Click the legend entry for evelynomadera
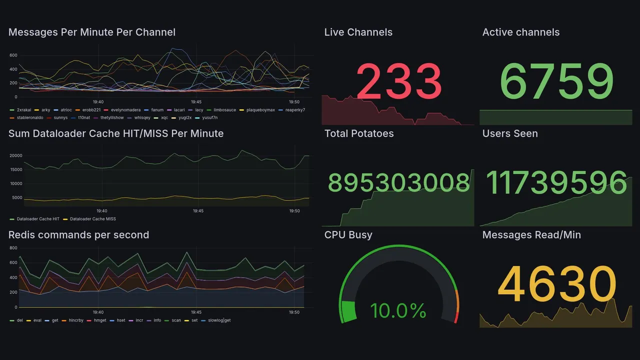123,110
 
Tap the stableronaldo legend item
30,118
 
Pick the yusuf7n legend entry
209,118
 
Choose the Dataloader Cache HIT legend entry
38,219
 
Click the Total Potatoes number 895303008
398,182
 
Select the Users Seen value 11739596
556,182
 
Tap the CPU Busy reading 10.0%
398,311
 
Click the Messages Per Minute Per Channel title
92,32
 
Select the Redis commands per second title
78,235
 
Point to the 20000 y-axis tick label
16,155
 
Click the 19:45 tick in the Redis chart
196,312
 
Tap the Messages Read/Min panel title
531,235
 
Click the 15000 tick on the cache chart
16,169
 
